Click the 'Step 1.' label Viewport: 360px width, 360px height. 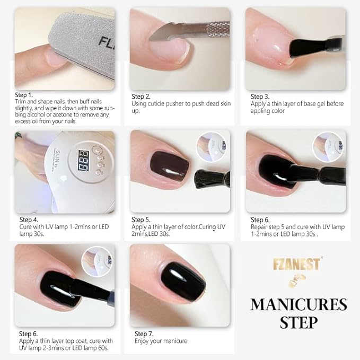click(x=24, y=94)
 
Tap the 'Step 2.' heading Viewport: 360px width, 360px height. click(x=142, y=96)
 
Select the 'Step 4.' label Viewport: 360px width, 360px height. click(x=29, y=219)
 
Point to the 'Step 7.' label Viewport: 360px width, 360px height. click(x=144, y=333)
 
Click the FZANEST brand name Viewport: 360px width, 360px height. click(x=296, y=264)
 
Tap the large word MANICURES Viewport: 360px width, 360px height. click(x=298, y=304)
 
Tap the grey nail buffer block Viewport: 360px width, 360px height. click(x=80, y=37)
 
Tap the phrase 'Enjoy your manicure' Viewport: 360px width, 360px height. click(x=161, y=341)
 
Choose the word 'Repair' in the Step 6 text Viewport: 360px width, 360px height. click(x=261, y=227)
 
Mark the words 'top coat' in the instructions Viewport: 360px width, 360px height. click(x=81, y=341)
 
